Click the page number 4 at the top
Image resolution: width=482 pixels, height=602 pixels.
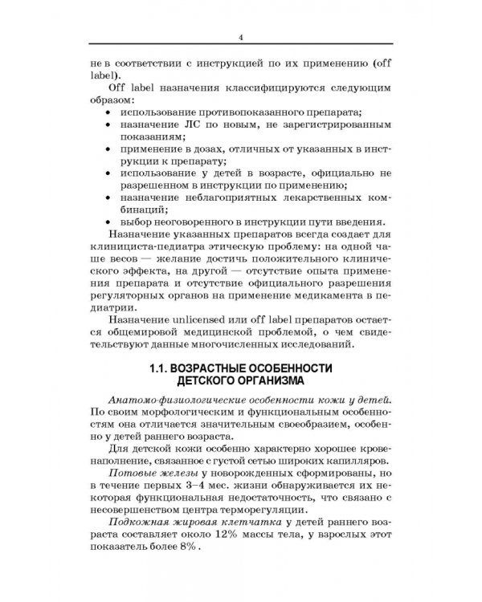[241, 37]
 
